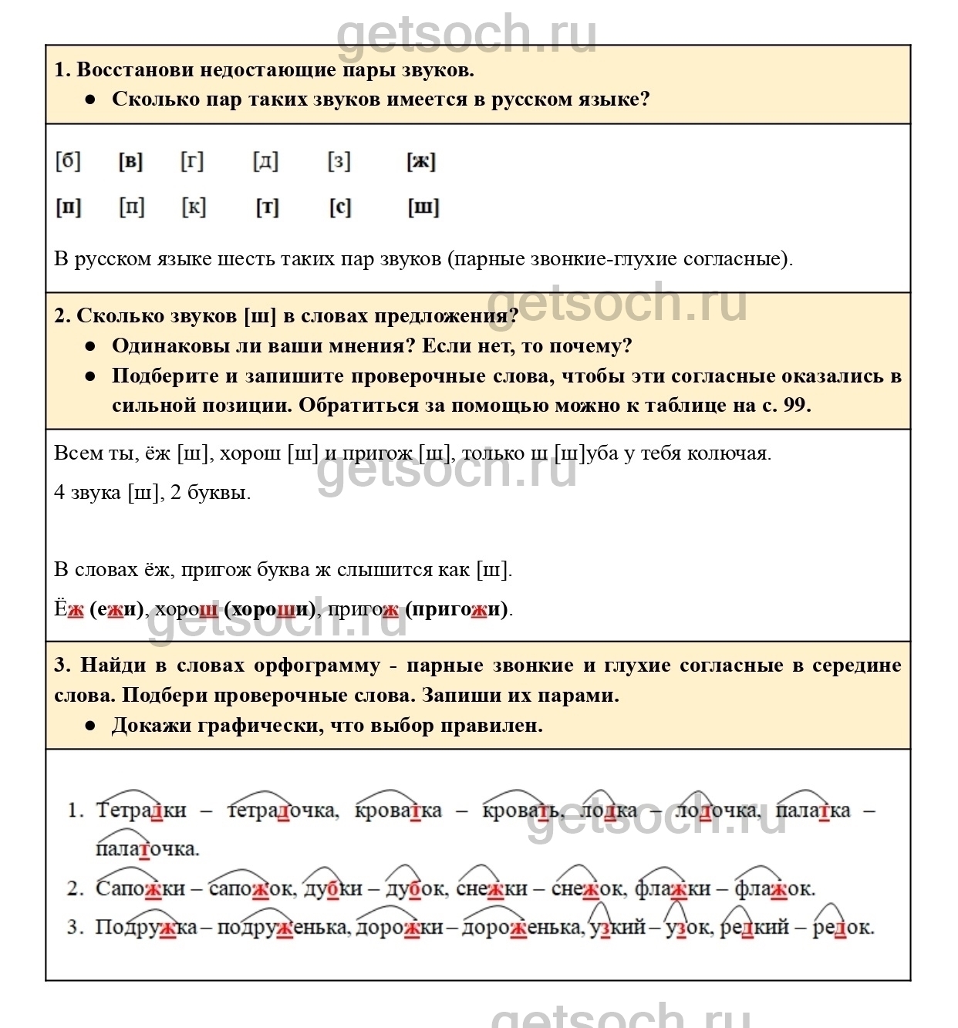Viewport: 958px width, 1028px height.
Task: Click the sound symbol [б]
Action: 68,161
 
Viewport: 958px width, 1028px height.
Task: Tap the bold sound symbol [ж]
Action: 421,161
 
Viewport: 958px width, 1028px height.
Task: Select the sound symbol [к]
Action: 194,207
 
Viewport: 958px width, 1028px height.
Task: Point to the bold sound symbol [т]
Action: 267,207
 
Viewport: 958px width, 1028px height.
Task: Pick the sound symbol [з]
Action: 339,161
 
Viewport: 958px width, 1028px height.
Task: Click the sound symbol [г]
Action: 192,161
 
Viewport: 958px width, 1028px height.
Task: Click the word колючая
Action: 734,453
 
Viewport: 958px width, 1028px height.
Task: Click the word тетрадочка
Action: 282,811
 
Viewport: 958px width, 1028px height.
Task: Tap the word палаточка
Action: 147,849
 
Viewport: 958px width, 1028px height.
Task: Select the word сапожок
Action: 251,888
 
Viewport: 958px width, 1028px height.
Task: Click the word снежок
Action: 586,888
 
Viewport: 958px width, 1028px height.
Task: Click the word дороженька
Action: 521,927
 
